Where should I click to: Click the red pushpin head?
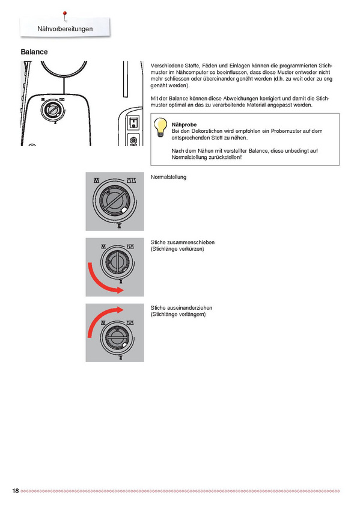pos(65,13)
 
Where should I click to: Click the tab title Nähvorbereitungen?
pos(65,29)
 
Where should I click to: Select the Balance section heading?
pos(34,52)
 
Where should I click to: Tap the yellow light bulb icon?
pos(160,127)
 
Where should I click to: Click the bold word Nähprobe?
pos(184,124)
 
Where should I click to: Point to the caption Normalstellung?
pos(168,177)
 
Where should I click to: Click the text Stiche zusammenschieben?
pos(182,242)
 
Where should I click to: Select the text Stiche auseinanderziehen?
pos(182,308)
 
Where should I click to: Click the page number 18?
pos(16,491)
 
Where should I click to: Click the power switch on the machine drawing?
pos(133,123)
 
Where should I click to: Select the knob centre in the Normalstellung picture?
pos(113,200)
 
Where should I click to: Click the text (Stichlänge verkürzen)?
pos(177,249)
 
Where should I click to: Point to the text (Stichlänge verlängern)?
pos(178,315)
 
